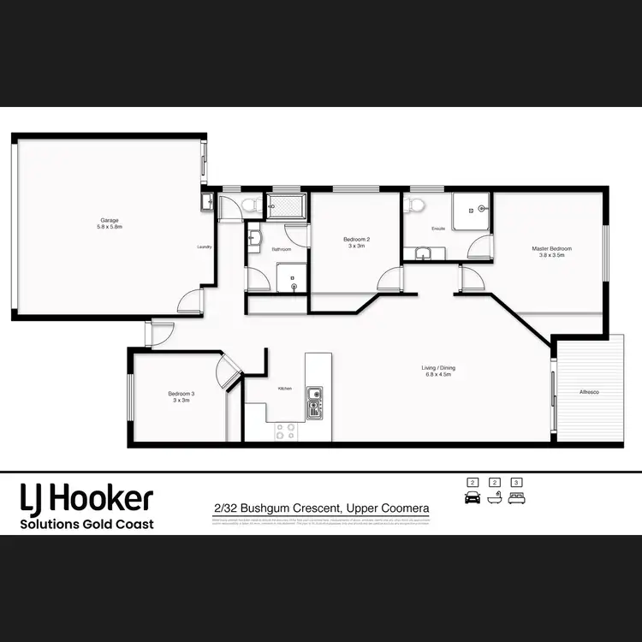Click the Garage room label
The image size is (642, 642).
pyautogui.click(x=110, y=223)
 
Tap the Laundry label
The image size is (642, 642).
pyautogui.click(x=205, y=247)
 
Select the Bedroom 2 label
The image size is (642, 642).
pyautogui.click(x=355, y=241)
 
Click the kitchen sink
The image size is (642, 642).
pyautogui.click(x=315, y=401)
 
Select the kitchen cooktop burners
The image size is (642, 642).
pyautogui.click(x=286, y=431)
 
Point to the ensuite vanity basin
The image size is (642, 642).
pyautogui.click(x=423, y=253)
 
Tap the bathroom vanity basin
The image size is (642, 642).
pyautogui.click(x=254, y=235)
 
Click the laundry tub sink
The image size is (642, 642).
pyautogui.click(x=206, y=203)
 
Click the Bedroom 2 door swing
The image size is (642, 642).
pyautogui.click(x=391, y=279)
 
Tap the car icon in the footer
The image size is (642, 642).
pyautogui.click(x=471, y=496)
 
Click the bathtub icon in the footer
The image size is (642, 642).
pyautogui.click(x=494, y=496)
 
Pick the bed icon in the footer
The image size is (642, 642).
pyautogui.click(x=515, y=496)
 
